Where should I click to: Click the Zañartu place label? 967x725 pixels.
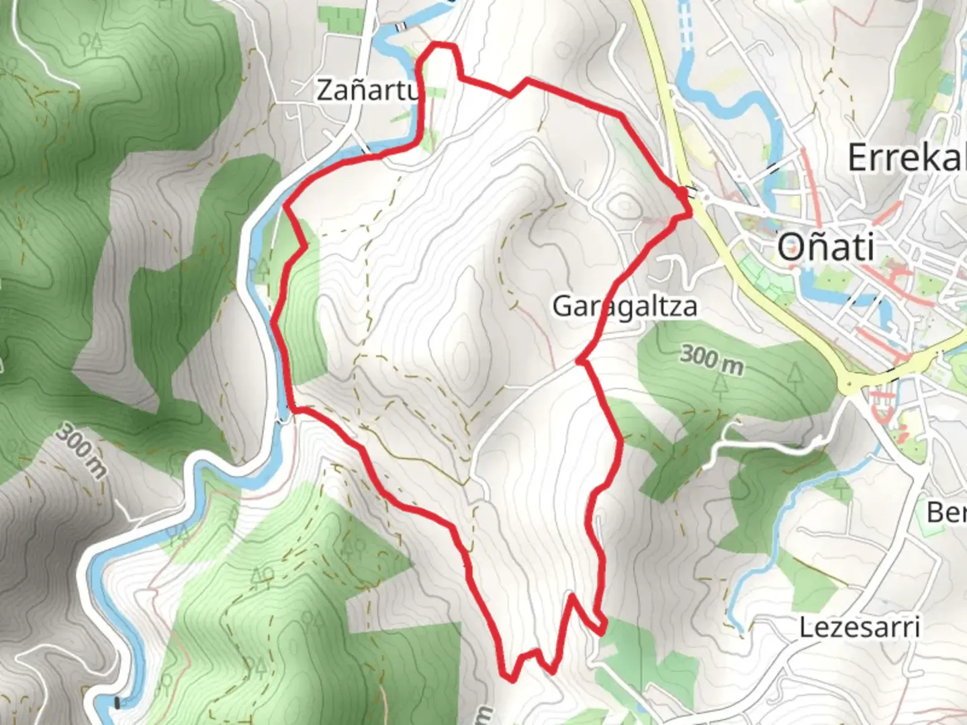(x=367, y=90)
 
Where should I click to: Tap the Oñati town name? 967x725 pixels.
(x=826, y=247)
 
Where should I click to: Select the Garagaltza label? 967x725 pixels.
(x=625, y=307)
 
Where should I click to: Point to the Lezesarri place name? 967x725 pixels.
(x=859, y=628)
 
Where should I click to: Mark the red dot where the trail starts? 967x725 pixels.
(x=682, y=194)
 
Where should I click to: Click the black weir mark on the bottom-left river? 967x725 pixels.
(x=118, y=703)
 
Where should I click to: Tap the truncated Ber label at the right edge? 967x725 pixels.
(x=947, y=513)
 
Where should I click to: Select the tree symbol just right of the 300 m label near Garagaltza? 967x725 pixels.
(x=794, y=373)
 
